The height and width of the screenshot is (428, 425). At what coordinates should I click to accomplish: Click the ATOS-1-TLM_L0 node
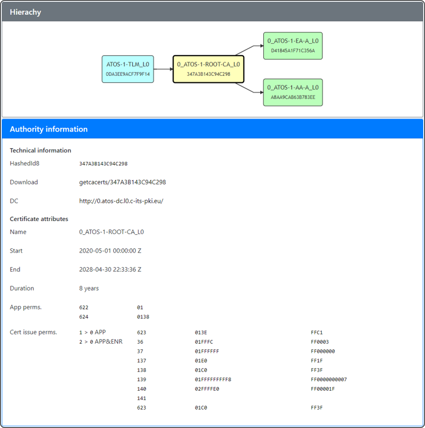click(x=128, y=69)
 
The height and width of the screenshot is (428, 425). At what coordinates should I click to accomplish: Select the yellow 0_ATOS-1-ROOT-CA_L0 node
click(x=208, y=69)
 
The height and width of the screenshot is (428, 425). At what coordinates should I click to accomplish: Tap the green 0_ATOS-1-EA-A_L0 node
click(x=293, y=46)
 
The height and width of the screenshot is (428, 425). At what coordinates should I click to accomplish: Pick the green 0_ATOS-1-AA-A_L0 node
click(x=293, y=92)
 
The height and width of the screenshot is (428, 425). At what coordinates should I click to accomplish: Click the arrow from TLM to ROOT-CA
click(x=163, y=69)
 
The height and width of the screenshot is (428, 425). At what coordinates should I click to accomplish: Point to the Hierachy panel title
click(x=25, y=12)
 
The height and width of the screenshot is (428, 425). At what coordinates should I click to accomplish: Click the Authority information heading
click(x=49, y=129)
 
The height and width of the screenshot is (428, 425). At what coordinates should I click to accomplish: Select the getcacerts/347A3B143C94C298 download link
click(x=123, y=182)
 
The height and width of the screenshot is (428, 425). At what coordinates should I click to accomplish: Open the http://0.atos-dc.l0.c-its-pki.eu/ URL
click(x=121, y=201)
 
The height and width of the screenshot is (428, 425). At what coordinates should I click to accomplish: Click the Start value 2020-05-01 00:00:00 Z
click(x=110, y=251)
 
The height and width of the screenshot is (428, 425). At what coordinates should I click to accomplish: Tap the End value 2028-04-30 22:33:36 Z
click(x=110, y=269)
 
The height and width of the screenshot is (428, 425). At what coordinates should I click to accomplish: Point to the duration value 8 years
click(x=89, y=288)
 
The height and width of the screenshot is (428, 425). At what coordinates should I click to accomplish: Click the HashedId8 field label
click(x=24, y=163)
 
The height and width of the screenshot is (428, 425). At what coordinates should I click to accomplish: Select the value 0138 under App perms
click(x=143, y=317)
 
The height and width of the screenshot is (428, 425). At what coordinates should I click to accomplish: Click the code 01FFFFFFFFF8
click(x=213, y=379)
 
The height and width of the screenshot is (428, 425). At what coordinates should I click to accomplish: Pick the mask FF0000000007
click(x=328, y=379)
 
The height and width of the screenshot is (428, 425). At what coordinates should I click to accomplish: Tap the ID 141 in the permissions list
click(x=142, y=398)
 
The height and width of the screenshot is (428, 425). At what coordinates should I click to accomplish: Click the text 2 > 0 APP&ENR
click(x=101, y=341)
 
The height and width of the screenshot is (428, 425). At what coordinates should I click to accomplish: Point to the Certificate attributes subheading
click(x=39, y=219)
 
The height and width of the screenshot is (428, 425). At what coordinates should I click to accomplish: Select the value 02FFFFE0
click(x=207, y=389)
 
